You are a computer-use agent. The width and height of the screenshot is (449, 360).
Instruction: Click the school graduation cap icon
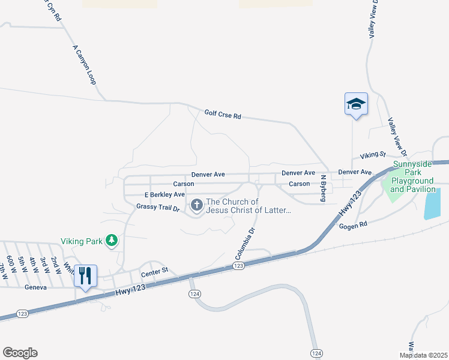(x=356, y=104)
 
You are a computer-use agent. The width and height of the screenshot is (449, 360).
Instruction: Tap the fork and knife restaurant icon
(x=85, y=276)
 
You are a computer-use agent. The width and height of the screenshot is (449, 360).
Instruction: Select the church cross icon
(x=196, y=206)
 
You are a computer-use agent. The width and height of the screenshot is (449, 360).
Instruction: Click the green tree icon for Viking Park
(x=111, y=241)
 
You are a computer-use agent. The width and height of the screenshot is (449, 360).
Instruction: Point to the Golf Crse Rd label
(x=222, y=114)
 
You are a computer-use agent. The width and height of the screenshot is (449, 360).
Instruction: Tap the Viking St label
(x=372, y=155)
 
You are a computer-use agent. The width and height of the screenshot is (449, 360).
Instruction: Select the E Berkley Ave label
(x=164, y=194)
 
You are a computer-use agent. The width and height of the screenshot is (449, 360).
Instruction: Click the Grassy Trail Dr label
(x=158, y=207)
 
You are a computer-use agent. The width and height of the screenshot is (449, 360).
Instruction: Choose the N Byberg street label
(x=323, y=188)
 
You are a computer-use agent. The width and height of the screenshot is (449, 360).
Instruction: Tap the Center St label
(x=152, y=275)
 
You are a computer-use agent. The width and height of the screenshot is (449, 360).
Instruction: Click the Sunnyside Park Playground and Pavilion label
(x=412, y=177)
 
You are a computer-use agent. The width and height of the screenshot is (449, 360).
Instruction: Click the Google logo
(x=20, y=353)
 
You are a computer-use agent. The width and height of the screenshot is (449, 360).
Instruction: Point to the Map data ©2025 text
(x=423, y=355)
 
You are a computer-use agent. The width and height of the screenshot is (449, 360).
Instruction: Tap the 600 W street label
(x=12, y=262)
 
